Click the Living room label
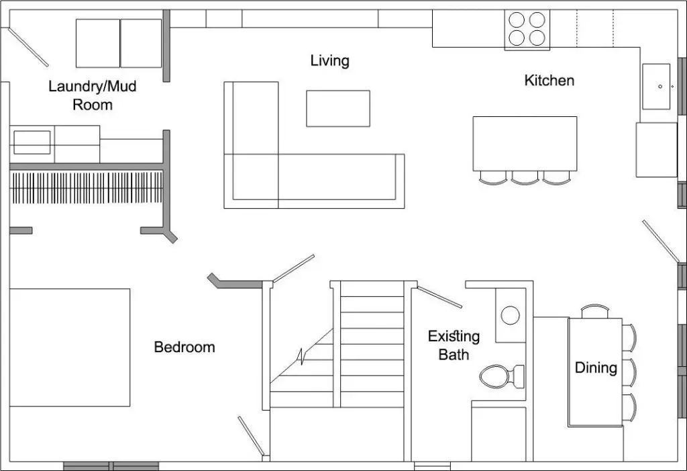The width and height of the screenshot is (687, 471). tap(329, 61)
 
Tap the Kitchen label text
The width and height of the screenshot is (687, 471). tap(549, 81)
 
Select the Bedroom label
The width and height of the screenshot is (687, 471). tap(184, 347)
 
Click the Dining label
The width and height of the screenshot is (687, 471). tap(596, 368)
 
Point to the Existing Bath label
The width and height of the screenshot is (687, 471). tap(454, 345)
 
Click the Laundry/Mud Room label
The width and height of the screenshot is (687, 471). tap(93, 95)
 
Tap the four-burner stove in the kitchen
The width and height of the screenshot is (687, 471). tap(527, 29)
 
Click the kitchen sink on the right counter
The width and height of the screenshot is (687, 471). tap(656, 86)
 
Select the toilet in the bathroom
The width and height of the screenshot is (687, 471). tap(500, 376)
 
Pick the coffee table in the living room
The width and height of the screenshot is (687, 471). tap(338, 108)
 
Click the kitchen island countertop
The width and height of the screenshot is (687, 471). tap(525, 143)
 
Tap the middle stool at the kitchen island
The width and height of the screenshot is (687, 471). tap(525, 178)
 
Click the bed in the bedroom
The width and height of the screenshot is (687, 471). tap(69, 347)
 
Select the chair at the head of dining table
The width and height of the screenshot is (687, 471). tap(594, 311)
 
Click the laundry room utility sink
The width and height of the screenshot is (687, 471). tap(32, 142)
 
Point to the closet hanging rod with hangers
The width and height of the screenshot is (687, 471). tap(87, 187)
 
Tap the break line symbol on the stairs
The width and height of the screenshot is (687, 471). tap(304, 355)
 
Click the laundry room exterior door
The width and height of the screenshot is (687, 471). tap(28, 46)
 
